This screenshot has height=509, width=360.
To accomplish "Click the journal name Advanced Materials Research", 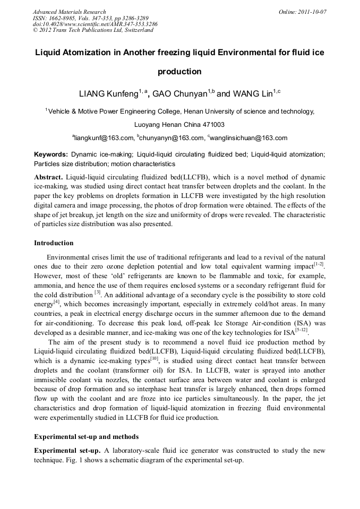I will (69, 12).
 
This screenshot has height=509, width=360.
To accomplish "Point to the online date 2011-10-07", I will (313, 12).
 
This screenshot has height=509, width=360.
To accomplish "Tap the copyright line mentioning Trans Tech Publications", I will (93, 30).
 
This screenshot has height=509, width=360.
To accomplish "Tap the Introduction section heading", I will (54, 243).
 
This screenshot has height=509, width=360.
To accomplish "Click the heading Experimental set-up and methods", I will (86, 437).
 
